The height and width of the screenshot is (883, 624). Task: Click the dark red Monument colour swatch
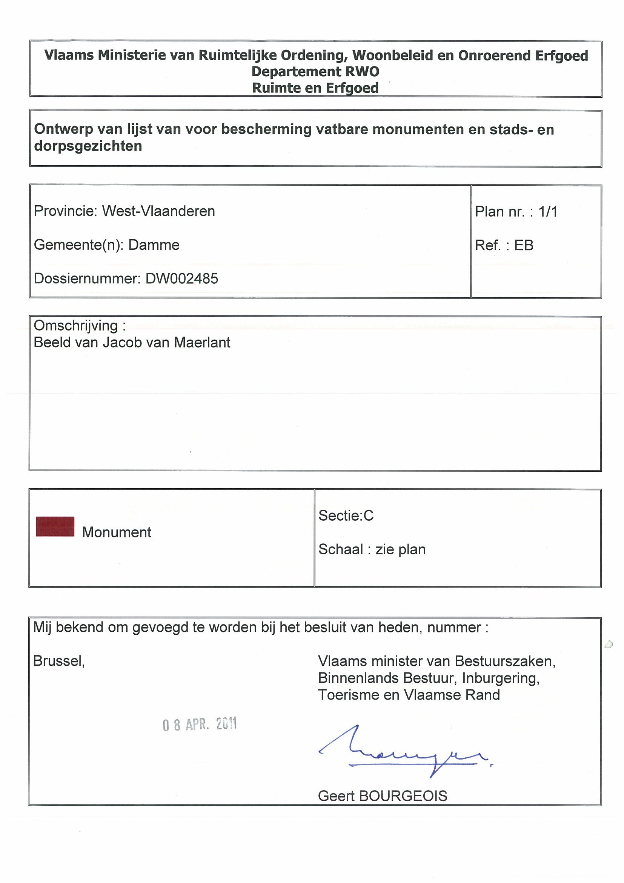[x=55, y=526]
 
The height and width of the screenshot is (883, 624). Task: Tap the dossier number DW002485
[x=181, y=279]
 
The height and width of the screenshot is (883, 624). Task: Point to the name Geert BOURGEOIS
[x=383, y=796]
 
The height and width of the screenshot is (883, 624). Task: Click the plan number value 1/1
[x=548, y=212]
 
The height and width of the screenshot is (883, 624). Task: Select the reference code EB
[x=524, y=245]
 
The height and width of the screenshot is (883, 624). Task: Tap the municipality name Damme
[x=154, y=245]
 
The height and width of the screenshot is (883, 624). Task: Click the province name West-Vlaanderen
[x=158, y=211]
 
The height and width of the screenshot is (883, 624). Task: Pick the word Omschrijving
[x=76, y=326]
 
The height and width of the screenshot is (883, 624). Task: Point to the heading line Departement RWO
[x=315, y=72]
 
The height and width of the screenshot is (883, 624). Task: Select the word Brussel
[x=59, y=661]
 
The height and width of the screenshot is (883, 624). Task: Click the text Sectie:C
[x=346, y=515]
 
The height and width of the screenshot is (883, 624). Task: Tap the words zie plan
[x=401, y=549]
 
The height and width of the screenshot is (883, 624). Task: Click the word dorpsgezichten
[x=88, y=146]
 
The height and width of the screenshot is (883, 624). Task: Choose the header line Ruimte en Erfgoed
[x=315, y=88]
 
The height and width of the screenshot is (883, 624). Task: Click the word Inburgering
[x=501, y=678]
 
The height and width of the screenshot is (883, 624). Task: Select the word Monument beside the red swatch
[x=117, y=532]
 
